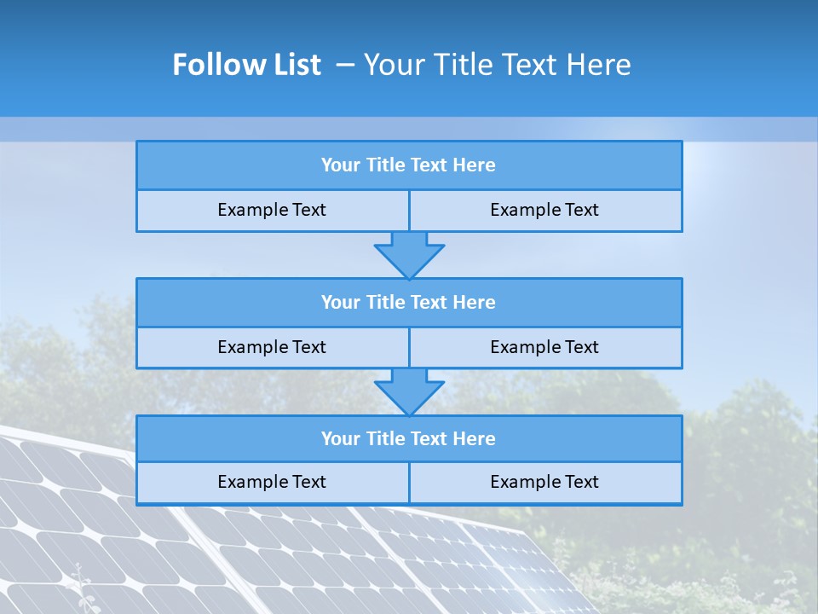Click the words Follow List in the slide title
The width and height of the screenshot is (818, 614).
pyautogui.click(x=247, y=65)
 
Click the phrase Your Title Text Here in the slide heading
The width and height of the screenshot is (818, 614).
pyautogui.click(x=498, y=65)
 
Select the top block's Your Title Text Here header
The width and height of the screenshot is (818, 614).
pyautogui.click(x=408, y=165)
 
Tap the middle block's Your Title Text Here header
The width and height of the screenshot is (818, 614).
pyautogui.click(x=408, y=302)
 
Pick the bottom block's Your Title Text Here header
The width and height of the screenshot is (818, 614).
pyautogui.click(x=408, y=438)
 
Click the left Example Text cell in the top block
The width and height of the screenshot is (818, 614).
pyautogui.click(x=272, y=210)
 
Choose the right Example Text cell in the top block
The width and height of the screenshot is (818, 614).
pyautogui.click(x=544, y=210)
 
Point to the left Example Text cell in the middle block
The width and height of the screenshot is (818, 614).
pyautogui.click(x=272, y=347)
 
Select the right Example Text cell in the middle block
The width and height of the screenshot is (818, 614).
pyautogui.click(x=544, y=347)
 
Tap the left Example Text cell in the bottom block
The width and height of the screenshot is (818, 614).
pyautogui.click(x=272, y=482)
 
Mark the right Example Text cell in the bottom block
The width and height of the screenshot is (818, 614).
pyautogui.click(x=544, y=482)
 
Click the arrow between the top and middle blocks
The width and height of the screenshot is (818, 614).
pyautogui.click(x=409, y=255)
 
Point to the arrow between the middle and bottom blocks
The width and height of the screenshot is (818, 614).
pyautogui.click(x=409, y=391)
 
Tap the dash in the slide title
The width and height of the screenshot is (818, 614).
pyautogui.click(x=345, y=65)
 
